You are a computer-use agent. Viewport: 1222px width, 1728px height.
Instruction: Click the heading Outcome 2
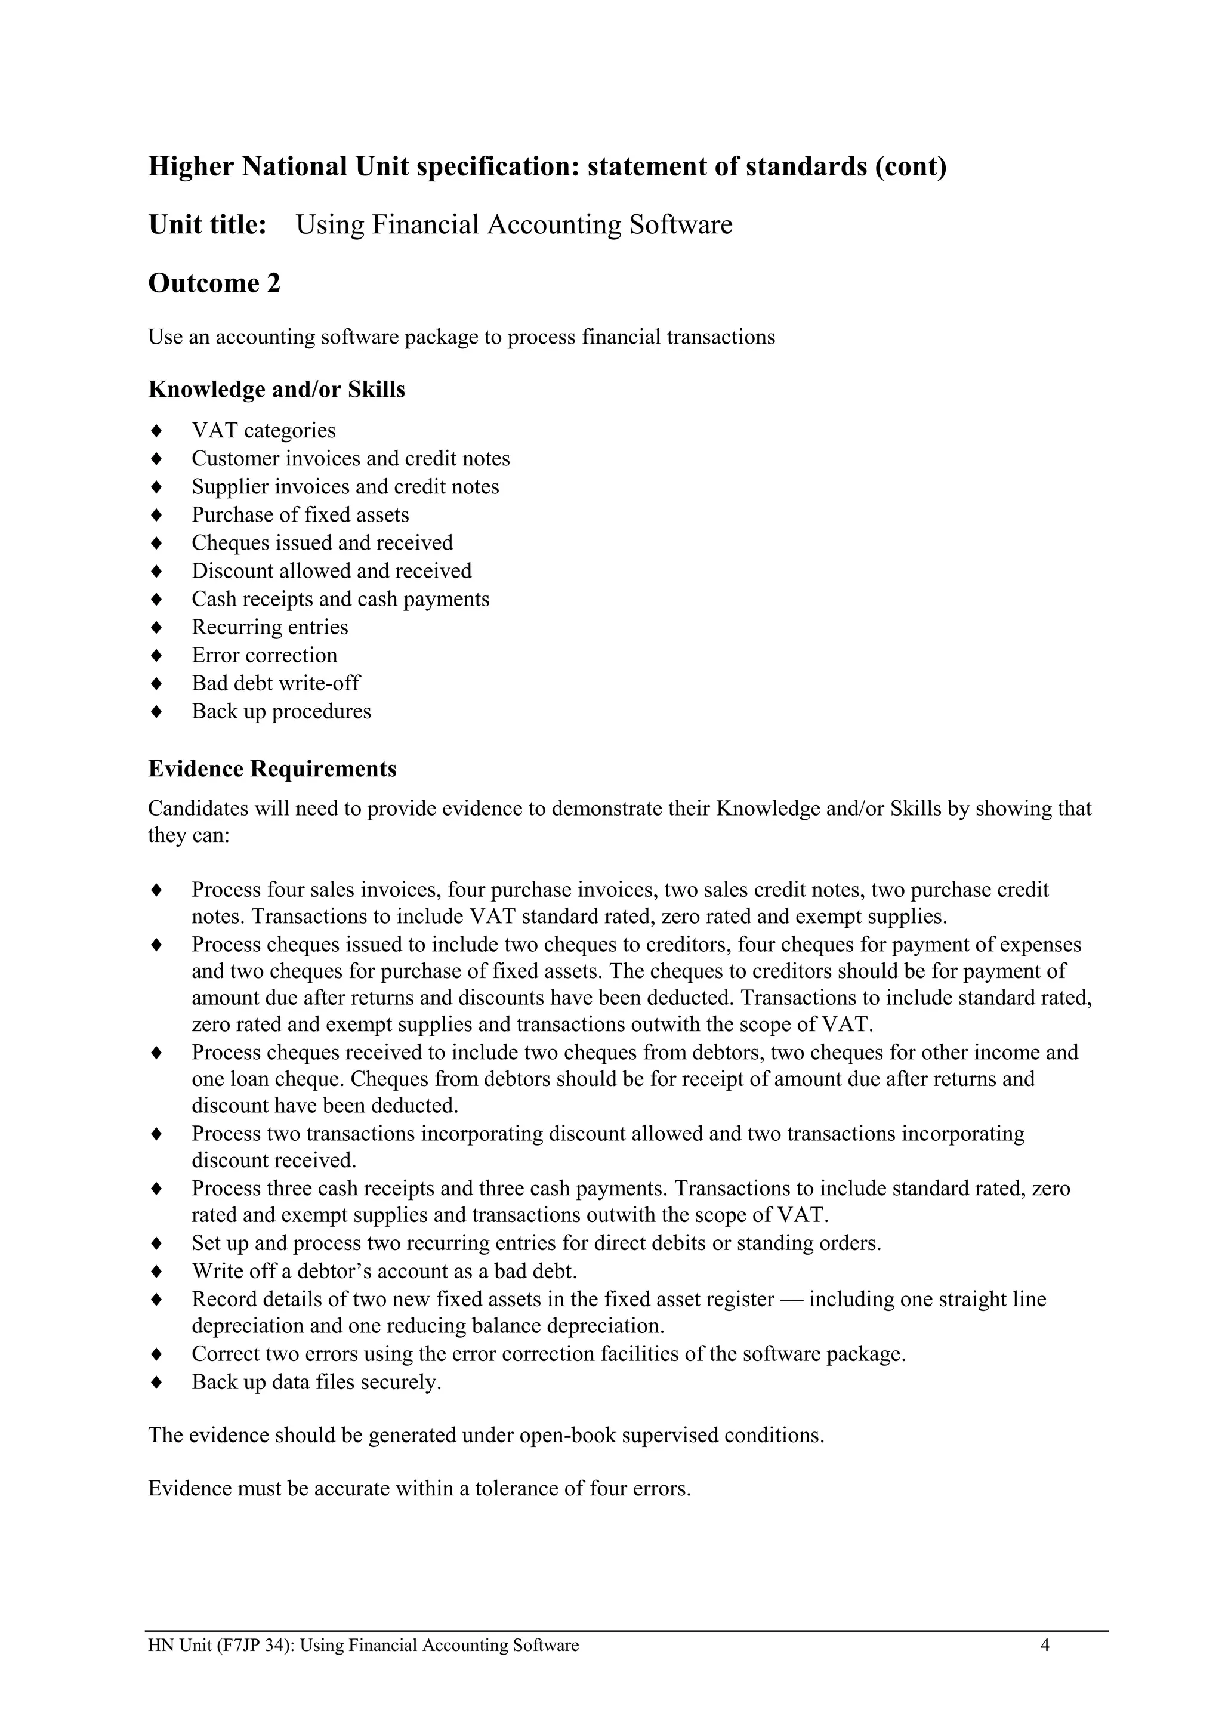tap(214, 284)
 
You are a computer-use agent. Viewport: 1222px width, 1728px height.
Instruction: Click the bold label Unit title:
tap(207, 225)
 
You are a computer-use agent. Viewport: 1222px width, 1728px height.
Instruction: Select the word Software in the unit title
tap(680, 225)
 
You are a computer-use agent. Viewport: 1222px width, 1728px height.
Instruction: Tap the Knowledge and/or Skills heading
tap(276, 390)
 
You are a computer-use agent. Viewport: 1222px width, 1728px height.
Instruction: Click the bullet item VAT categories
tap(263, 430)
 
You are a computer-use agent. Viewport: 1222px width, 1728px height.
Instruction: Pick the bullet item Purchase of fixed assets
tap(300, 515)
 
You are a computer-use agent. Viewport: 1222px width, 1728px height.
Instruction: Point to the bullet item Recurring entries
tap(269, 627)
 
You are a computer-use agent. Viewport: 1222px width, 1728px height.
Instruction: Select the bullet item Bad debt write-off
tap(276, 683)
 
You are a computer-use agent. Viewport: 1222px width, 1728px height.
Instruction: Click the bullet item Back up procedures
tap(280, 711)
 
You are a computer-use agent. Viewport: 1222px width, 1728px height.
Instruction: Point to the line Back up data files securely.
tap(316, 1383)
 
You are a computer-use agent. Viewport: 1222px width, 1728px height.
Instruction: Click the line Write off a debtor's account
tap(384, 1271)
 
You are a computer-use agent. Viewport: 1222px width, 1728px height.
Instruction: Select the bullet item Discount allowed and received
tap(331, 571)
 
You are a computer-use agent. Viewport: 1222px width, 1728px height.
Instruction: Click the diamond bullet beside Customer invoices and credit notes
tap(156, 459)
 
